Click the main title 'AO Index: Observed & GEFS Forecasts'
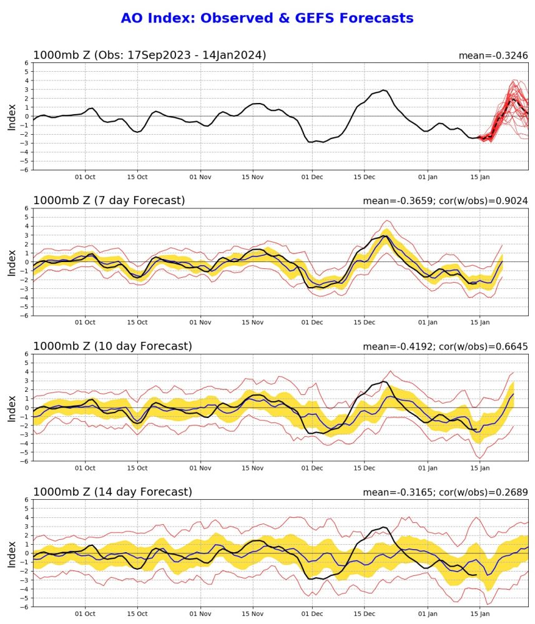(x=267, y=19)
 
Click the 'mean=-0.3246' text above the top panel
(x=493, y=56)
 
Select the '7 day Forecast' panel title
(x=109, y=201)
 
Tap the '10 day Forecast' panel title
(x=112, y=346)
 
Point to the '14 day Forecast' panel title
(x=112, y=492)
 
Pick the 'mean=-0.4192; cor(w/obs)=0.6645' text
(x=445, y=347)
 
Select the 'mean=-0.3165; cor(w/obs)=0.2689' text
(x=445, y=492)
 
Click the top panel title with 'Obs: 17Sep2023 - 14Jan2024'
(x=149, y=55)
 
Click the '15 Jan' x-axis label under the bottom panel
(x=480, y=613)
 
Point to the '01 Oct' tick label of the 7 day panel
(x=85, y=323)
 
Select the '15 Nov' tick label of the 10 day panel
(x=253, y=468)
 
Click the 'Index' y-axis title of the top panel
(x=12, y=116)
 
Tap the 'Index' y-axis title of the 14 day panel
(x=12, y=553)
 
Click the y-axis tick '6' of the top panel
(x=27, y=63)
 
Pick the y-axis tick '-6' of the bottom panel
(x=25, y=607)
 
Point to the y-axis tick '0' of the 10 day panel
(x=27, y=407)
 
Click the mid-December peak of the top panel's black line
(x=384, y=90)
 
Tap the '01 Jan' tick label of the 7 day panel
(x=428, y=323)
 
